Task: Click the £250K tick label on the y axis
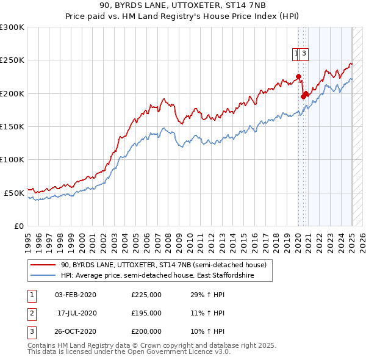tap(12, 60)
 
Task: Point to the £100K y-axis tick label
tap(12, 159)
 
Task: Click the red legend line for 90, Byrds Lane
tap(43, 265)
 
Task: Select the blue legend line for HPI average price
tap(43, 276)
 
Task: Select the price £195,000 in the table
tap(146, 314)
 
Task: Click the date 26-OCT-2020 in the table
tap(75, 332)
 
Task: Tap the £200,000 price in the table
tap(146, 332)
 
